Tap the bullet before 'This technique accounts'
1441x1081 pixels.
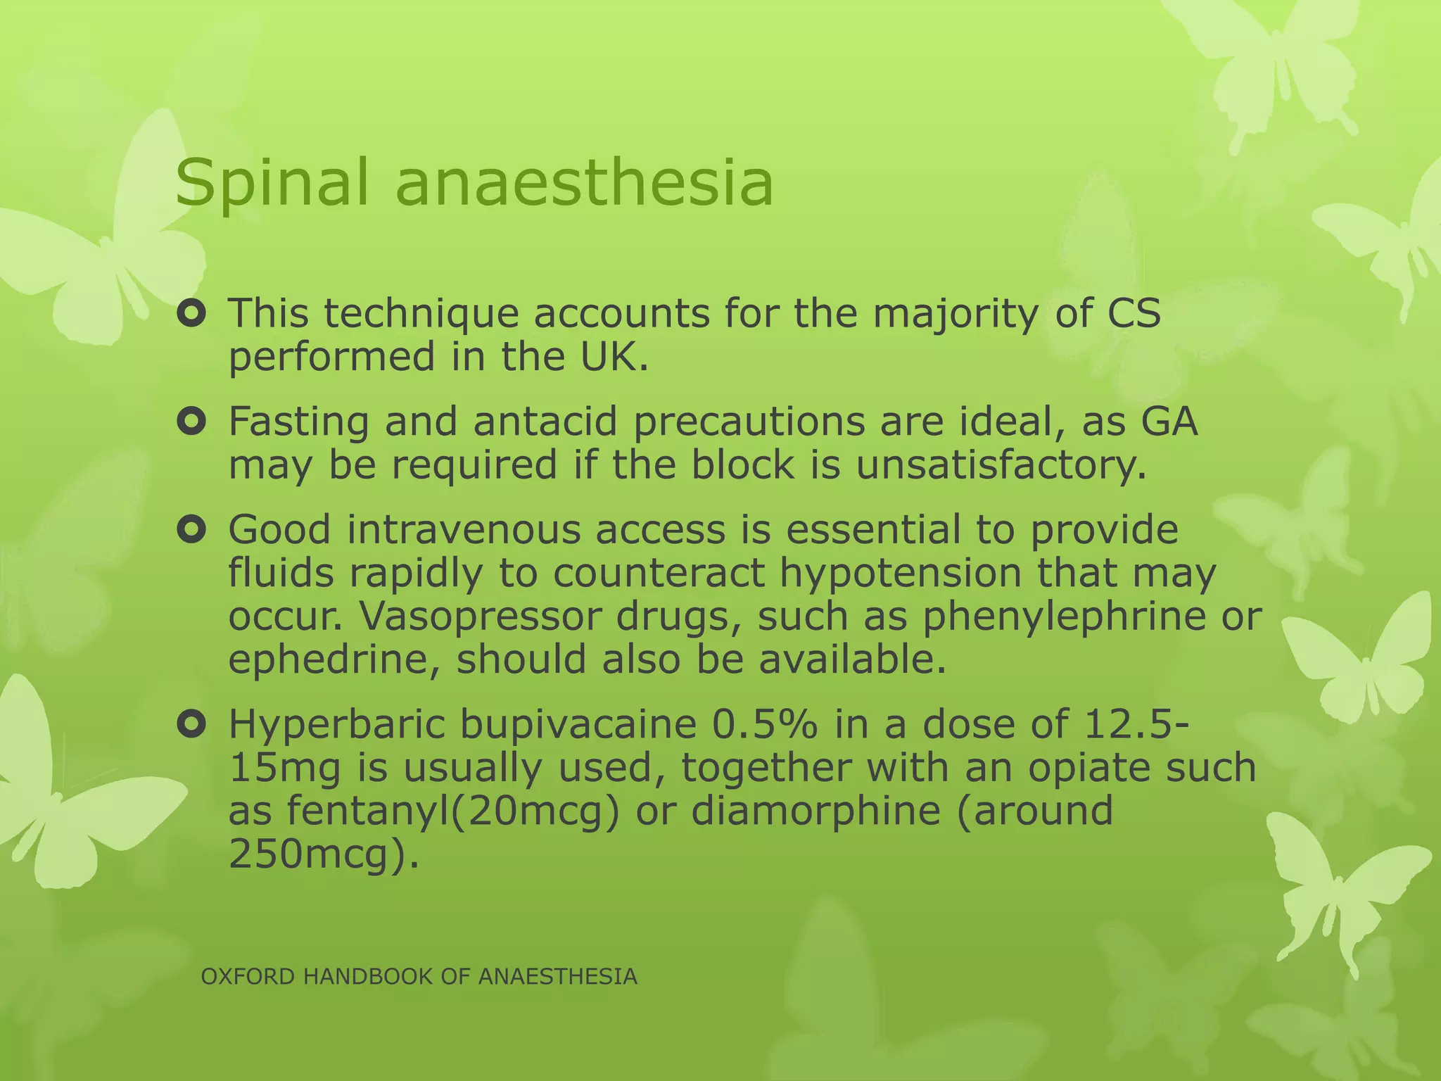pyautogui.click(x=191, y=315)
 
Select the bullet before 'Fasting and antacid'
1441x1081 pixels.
pyautogui.click(x=191, y=422)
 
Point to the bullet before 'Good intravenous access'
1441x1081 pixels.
pyautogui.click(x=191, y=530)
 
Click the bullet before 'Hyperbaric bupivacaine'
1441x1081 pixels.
pyautogui.click(x=191, y=724)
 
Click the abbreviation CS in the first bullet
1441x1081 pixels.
pyautogui.click(x=1134, y=313)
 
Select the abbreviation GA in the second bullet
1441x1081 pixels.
pyautogui.click(x=1169, y=422)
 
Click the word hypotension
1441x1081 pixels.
pyautogui.click(x=901, y=574)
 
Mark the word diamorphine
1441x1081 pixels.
pyautogui.click(x=815, y=811)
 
